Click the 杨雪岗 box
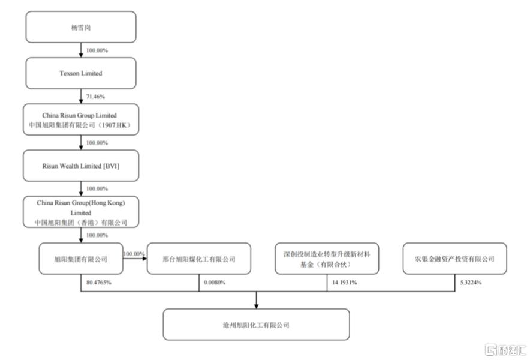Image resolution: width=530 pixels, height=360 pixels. pyautogui.click(x=81, y=27)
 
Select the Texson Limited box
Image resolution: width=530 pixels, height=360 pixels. pyautogui.click(x=81, y=73)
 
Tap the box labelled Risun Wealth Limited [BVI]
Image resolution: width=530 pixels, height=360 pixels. pyautogui.click(x=81, y=166)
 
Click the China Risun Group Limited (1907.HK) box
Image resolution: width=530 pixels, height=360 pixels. pyautogui.click(x=81, y=119)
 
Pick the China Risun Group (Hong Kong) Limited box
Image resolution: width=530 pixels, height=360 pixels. pyautogui.click(x=81, y=212)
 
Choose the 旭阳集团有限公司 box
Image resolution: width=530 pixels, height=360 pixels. pyautogui.click(x=81, y=259)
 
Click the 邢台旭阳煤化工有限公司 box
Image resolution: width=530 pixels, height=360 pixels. pyautogui.click(x=199, y=259)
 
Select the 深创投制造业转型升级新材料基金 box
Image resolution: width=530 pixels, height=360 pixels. pyautogui.click(x=327, y=259)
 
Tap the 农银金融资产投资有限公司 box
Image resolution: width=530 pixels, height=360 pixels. pyautogui.click(x=455, y=259)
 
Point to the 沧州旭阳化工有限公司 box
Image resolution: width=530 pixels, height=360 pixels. pyautogui.click(x=256, y=325)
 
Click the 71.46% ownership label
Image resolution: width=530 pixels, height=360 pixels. pyautogui.click(x=95, y=97)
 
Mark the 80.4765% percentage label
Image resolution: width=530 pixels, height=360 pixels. pyautogui.click(x=99, y=282)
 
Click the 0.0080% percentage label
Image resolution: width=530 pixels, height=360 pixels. pyautogui.click(x=215, y=282)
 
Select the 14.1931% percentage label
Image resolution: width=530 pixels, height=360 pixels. pyautogui.click(x=344, y=282)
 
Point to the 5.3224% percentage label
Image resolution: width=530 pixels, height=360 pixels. pyautogui.click(x=471, y=282)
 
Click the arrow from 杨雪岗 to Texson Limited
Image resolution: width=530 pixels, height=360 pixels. pyautogui.click(x=81, y=50)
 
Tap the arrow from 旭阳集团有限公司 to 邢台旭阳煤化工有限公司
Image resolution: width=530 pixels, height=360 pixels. pyautogui.click(x=135, y=259)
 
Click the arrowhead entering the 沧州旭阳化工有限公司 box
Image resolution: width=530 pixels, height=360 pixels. pyautogui.click(x=256, y=306)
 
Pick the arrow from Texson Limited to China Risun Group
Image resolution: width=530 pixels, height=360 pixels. pyautogui.click(x=81, y=97)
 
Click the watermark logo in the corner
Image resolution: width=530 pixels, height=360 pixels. pyautogui.click(x=505, y=350)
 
